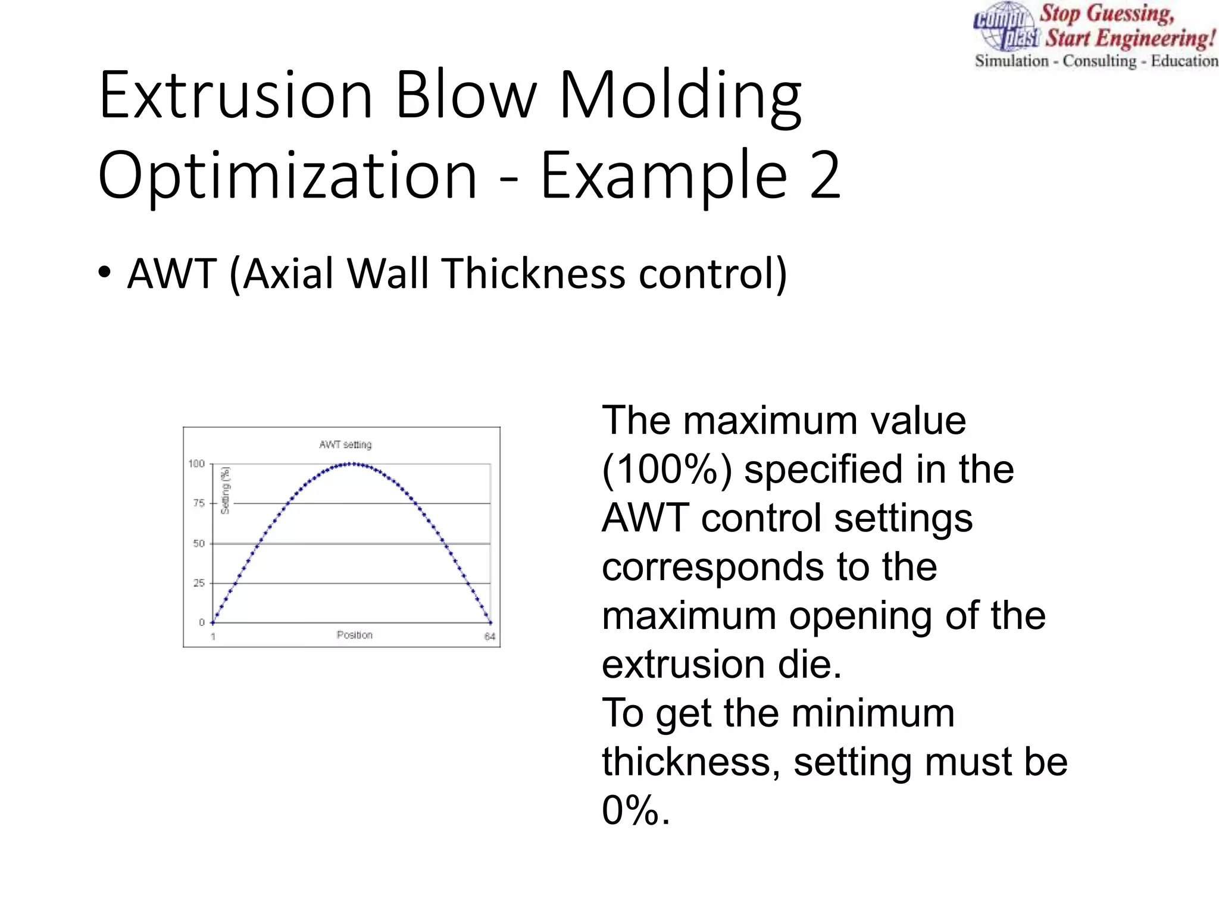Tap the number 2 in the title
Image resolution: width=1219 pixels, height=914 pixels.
pyautogui.click(x=825, y=175)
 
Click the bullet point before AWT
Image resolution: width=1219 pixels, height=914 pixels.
pyautogui.click(x=105, y=273)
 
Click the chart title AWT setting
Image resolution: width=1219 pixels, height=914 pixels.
pyautogui.click(x=345, y=445)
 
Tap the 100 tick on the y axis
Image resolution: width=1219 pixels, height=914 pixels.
pyautogui.click(x=196, y=464)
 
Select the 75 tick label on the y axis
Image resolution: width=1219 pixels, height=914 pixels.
pyautogui.click(x=199, y=503)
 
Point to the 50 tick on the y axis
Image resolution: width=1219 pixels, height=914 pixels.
pyautogui.click(x=199, y=543)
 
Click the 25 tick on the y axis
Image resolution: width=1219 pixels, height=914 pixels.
pyautogui.click(x=199, y=583)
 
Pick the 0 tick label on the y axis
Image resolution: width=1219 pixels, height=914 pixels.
pyautogui.click(x=202, y=622)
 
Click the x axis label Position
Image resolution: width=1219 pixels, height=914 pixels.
pyautogui.click(x=355, y=635)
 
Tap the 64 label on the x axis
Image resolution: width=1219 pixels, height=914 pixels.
pyautogui.click(x=490, y=637)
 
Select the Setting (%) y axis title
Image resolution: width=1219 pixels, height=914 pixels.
pyautogui.click(x=225, y=490)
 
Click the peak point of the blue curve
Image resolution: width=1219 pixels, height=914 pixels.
pyautogui.click(x=352, y=464)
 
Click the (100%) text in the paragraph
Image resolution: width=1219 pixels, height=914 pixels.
pyautogui.click(x=667, y=469)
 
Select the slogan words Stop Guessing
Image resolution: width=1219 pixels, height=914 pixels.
pyautogui.click(x=1107, y=14)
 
